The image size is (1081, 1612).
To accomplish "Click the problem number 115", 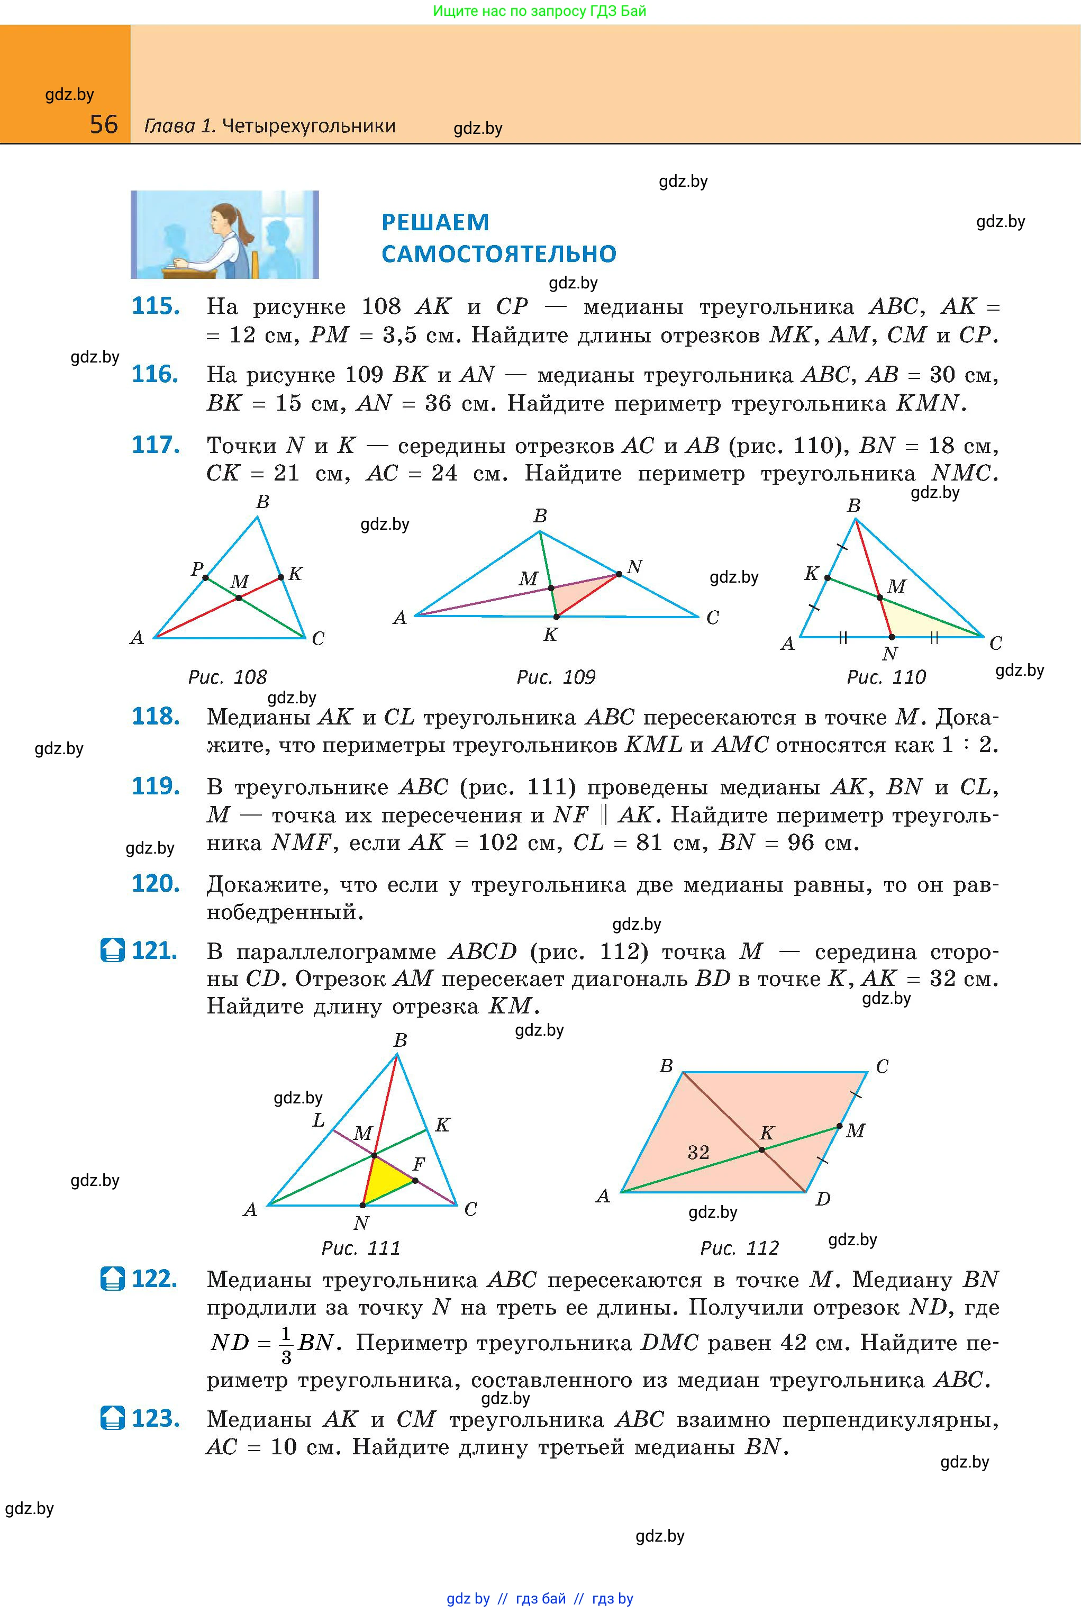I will point(156,306).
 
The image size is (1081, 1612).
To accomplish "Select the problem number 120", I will point(156,883).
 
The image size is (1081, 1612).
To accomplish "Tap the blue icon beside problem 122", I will point(112,1279).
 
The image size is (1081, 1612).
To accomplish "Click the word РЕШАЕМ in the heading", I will point(435,223).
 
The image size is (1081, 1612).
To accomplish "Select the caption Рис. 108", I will point(228,677).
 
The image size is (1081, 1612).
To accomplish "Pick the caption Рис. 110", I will point(886,677).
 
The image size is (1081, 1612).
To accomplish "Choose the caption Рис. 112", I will point(739,1248).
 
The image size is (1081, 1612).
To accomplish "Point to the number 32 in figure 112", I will point(698,1152).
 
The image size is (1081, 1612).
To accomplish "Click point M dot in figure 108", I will point(239,598).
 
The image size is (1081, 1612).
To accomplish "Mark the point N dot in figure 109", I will point(619,574).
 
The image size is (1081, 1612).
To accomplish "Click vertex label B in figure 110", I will point(853,506).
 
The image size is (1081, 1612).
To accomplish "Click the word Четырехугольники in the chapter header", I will point(309,126).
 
